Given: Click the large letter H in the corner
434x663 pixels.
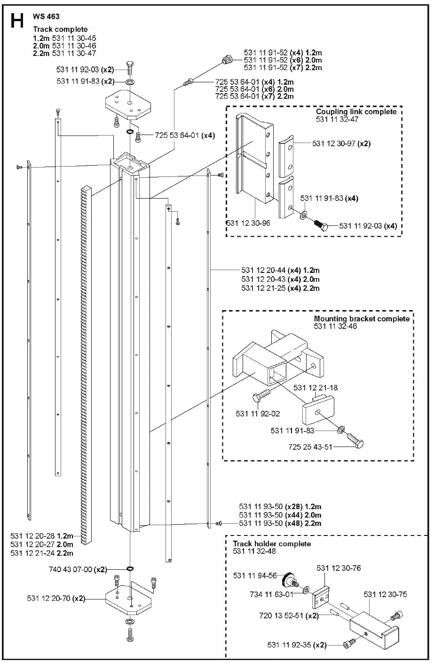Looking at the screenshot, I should [17, 22].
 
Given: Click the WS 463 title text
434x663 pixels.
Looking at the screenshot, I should [45, 16].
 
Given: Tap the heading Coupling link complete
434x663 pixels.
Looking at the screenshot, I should [356, 112].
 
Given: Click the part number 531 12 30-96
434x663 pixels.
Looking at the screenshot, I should [248, 223].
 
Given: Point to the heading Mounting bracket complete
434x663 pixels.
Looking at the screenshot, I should [362, 319].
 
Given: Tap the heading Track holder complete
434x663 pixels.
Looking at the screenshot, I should [272, 543].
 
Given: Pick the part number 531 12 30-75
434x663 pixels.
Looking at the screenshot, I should [385, 594].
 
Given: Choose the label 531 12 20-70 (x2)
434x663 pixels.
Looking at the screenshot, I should [56, 599].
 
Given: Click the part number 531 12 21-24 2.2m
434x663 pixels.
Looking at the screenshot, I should [42, 552].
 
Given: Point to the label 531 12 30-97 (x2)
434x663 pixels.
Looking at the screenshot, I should [341, 144].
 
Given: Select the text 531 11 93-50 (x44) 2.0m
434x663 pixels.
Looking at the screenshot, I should [280, 515].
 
